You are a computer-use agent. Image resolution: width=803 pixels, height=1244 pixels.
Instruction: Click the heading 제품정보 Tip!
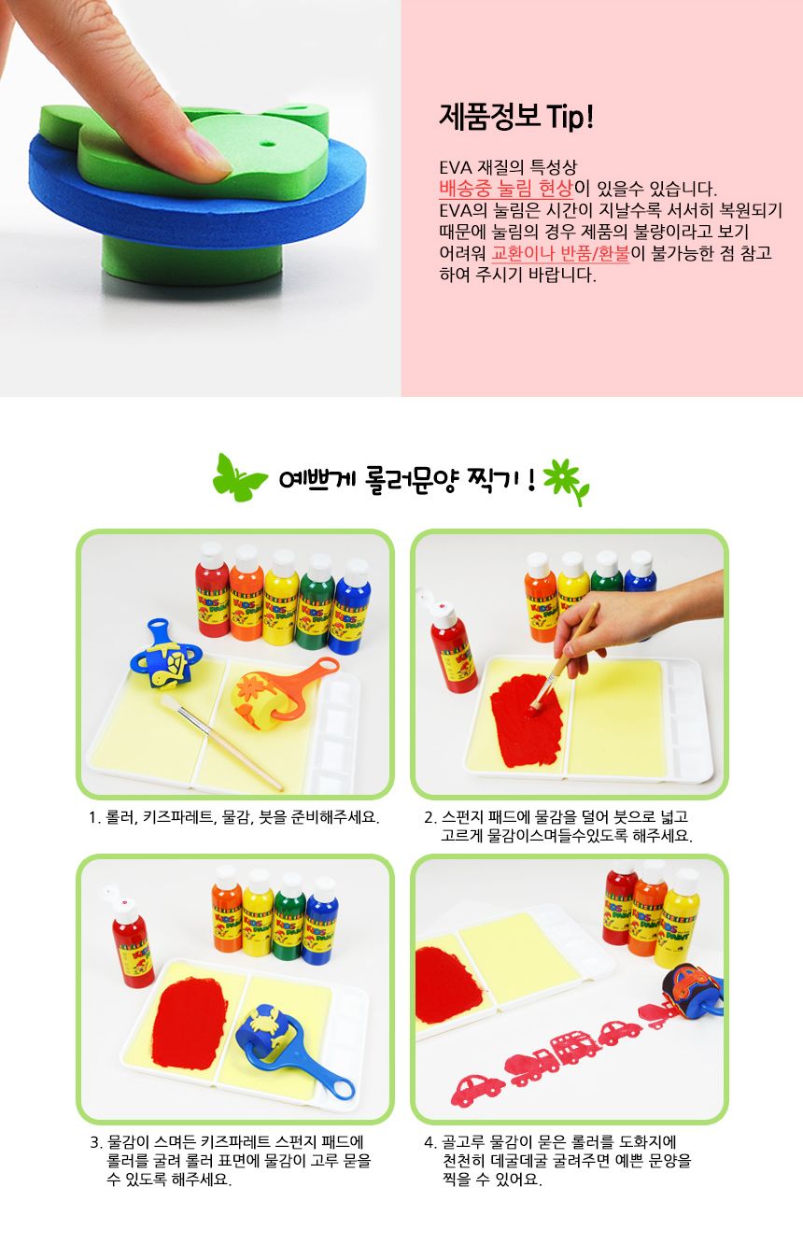pyautogui.click(x=516, y=117)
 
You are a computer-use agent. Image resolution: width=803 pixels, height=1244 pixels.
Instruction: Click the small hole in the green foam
pyautogui.click(x=268, y=143)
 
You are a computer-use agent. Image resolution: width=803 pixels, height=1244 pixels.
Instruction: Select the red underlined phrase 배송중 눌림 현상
pyautogui.click(x=505, y=189)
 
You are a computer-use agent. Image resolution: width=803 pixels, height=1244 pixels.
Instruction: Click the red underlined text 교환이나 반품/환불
pyautogui.click(x=560, y=253)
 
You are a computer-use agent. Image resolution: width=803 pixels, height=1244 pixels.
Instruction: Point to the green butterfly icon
pyautogui.click(x=239, y=477)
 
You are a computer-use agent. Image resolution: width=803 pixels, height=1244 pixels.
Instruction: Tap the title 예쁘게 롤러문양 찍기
pyautogui.click(x=407, y=478)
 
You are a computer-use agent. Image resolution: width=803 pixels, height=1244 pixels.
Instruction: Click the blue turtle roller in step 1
pyautogui.click(x=164, y=657)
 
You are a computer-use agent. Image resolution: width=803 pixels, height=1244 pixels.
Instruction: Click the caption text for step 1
pyautogui.click(x=233, y=817)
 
